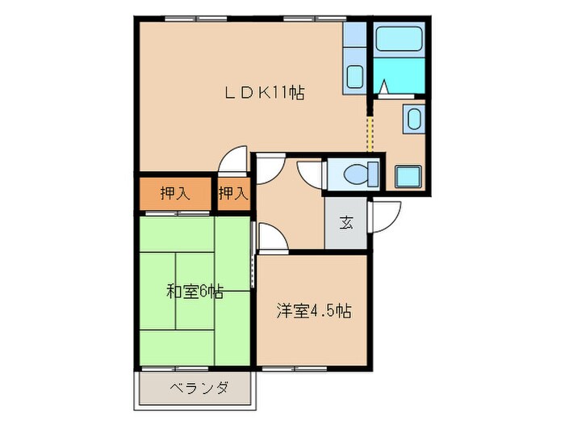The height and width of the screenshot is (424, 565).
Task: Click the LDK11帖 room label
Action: tap(264, 91)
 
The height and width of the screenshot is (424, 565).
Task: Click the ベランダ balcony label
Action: tap(199, 388)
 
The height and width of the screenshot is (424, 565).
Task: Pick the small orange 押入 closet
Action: tap(233, 194)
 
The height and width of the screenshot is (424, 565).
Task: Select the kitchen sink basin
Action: tap(353, 78)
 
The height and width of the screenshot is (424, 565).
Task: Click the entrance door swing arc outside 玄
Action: tap(386, 216)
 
